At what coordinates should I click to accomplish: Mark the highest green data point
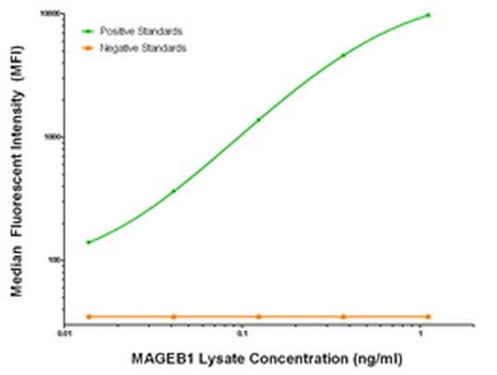428,15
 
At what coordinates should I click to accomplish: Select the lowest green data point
89,242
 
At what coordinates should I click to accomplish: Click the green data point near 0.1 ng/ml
258,119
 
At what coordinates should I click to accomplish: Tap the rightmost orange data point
428,316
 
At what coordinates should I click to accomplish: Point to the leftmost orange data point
89,316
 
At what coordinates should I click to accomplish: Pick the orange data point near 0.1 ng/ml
258,316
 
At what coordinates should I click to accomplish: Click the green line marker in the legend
89,31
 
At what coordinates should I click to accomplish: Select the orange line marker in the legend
89,47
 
